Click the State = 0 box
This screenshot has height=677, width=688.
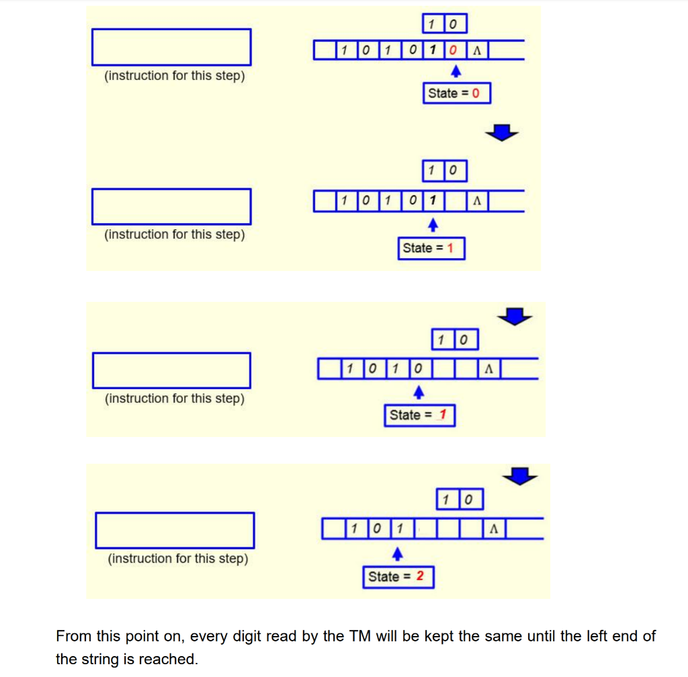[x=457, y=93]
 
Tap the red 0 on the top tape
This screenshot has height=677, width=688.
[x=454, y=50]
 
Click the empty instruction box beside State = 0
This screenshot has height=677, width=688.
[x=171, y=47]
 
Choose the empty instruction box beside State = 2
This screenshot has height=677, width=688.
[x=175, y=530]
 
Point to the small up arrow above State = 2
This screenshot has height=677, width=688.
[x=397, y=553]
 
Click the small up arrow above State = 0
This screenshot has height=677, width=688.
[x=456, y=71]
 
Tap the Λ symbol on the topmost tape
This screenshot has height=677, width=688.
[x=476, y=50]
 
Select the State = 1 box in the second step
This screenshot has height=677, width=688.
[x=431, y=249]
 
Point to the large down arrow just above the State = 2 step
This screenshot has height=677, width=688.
[x=521, y=476]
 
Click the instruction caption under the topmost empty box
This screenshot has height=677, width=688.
[x=174, y=76]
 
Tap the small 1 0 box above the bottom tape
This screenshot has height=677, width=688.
[x=460, y=500]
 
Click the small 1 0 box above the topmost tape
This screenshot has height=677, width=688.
[x=445, y=25]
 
